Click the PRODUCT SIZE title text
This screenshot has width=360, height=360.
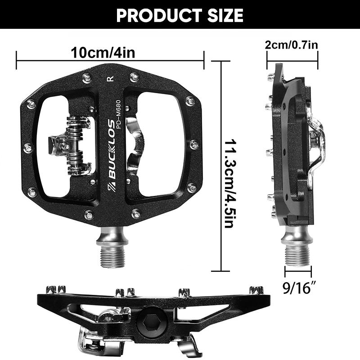coord(180,15)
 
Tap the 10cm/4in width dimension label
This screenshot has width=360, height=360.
coord(103,52)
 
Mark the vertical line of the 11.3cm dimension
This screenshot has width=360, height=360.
coord(221,166)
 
